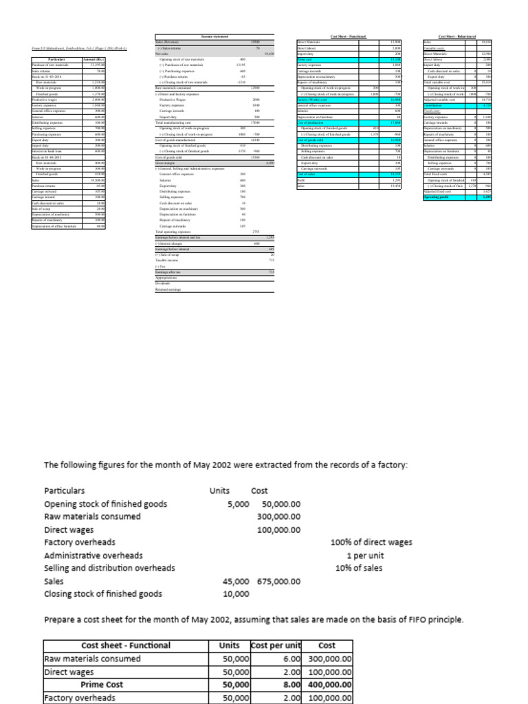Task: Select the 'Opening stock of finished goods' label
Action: coord(105,504)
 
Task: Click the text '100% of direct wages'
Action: coord(371,542)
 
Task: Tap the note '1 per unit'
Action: coord(371,555)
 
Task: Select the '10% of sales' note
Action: coord(371,568)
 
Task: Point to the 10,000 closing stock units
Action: coord(236,594)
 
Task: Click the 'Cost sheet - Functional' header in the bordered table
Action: coord(126,646)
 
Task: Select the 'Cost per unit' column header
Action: coord(276,646)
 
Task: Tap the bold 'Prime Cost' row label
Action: coord(102,685)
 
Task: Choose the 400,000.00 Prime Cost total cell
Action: coord(327,685)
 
